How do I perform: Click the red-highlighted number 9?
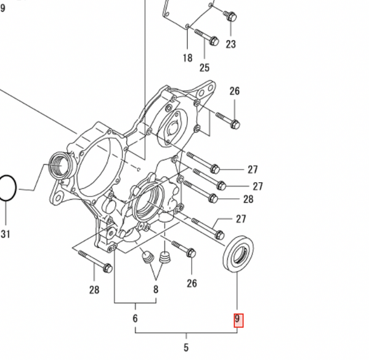pyautogui.click(x=238, y=320)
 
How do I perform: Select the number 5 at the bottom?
pyautogui.click(x=186, y=348)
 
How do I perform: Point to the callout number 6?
pyautogui.click(x=135, y=318)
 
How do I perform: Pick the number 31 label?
pyautogui.click(x=6, y=233)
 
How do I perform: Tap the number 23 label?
pyautogui.click(x=230, y=44)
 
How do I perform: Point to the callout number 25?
pyautogui.click(x=205, y=67)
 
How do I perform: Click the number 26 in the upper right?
pyautogui.click(x=234, y=91)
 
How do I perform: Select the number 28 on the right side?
pyautogui.click(x=248, y=199)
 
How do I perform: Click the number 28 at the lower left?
pyautogui.click(x=94, y=290)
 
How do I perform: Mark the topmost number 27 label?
pyautogui.click(x=253, y=169)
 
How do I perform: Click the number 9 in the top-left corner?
pyautogui.click(x=3, y=8)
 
